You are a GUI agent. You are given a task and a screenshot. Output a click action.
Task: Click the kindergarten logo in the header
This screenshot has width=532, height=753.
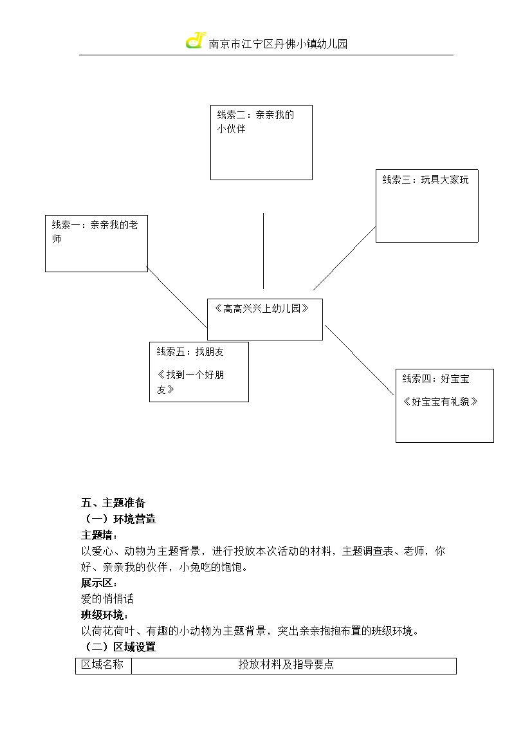point(196,41)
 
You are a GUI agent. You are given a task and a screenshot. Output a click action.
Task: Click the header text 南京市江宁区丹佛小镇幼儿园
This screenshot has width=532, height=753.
point(278,44)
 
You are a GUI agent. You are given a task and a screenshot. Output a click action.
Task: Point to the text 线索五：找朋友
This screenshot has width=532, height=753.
point(190,352)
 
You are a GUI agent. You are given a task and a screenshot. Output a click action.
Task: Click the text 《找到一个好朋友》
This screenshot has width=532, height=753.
point(190,382)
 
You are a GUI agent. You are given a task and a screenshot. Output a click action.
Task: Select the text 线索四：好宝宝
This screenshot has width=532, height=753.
point(436,379)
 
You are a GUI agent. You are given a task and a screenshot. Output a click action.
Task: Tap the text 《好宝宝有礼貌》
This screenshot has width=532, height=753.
point(440,402)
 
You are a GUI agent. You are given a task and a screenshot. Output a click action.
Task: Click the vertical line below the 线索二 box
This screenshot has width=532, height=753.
point(263,251)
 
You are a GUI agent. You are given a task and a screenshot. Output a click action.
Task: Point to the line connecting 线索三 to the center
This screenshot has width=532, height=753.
point(344,258)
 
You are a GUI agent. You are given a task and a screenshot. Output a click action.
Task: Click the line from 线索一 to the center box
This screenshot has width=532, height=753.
point(177,297)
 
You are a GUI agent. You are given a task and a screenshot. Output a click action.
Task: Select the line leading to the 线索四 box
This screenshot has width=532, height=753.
point(359,360)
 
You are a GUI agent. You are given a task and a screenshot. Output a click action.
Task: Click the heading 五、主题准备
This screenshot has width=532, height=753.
point(113,503)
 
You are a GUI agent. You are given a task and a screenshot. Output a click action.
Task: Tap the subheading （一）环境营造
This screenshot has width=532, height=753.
point(119,519)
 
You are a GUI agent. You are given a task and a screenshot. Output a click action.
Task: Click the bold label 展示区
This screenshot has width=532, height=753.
point(99,582)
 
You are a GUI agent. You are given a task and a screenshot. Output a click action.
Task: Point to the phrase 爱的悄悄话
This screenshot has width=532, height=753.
point(107,599)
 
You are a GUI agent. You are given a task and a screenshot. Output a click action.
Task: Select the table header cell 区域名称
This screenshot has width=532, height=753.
point(102,665)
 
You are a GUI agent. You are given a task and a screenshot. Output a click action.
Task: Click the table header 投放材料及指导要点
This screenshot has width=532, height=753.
point(286,665)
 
